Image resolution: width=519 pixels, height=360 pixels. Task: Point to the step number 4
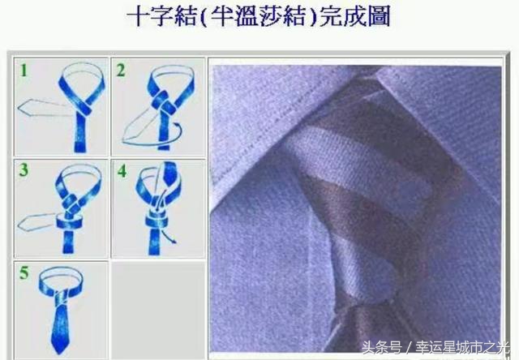(x=122, y=172)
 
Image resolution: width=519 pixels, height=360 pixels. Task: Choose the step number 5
(x=24, y=273)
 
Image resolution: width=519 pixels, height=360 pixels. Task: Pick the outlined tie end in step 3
(x=36, y=221)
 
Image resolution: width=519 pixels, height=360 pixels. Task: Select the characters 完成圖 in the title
(x=352, y=18)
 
